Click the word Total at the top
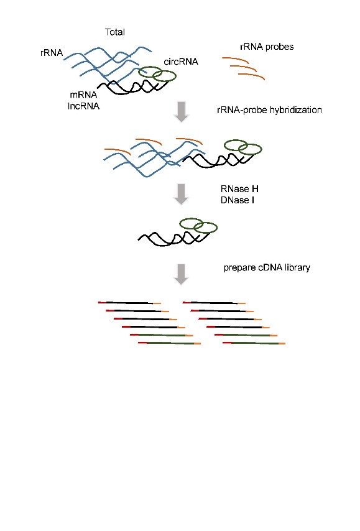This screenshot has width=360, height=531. (x=115, y=32)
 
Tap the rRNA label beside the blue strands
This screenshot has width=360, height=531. (x=52, y=53)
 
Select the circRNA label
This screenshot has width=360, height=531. (x=181, y=62)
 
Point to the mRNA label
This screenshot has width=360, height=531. (x=83, y=95)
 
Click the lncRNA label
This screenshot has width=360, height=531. (x=84, y=106)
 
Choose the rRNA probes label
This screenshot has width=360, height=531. (x=267, y=47)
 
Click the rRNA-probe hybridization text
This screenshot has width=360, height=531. (x=270, y=110)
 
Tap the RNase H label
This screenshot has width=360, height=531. (x=239, y=189)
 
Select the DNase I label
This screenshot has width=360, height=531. (x=238, y=200)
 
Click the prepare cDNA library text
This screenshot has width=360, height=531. (x=267, y=267)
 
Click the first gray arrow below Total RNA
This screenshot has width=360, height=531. (x=181, y=111)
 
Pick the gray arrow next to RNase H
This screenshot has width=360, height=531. (x=181, y=195)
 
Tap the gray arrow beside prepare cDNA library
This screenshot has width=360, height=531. (x=181, y=274)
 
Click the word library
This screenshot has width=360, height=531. (x=297, y=267)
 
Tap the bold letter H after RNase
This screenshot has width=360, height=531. (x=255, y=189)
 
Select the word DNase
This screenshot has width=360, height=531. (x=234, y=200)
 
